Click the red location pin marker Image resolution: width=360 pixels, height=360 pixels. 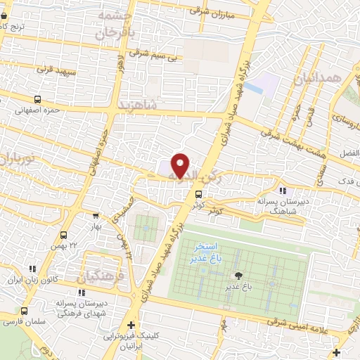coord(181,165)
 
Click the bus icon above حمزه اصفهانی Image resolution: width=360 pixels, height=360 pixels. coord(36,99)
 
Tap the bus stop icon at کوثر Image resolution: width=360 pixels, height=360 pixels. coord(198,193)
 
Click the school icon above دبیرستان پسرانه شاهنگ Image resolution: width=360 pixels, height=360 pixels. coord(282,191)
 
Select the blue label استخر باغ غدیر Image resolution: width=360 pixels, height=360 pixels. coord(205,253)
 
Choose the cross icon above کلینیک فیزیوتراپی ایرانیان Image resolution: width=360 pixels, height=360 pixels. coord(131,324)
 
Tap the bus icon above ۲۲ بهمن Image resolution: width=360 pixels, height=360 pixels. coord(64,235)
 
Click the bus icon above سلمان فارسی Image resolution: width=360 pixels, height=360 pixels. coord(25,310)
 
